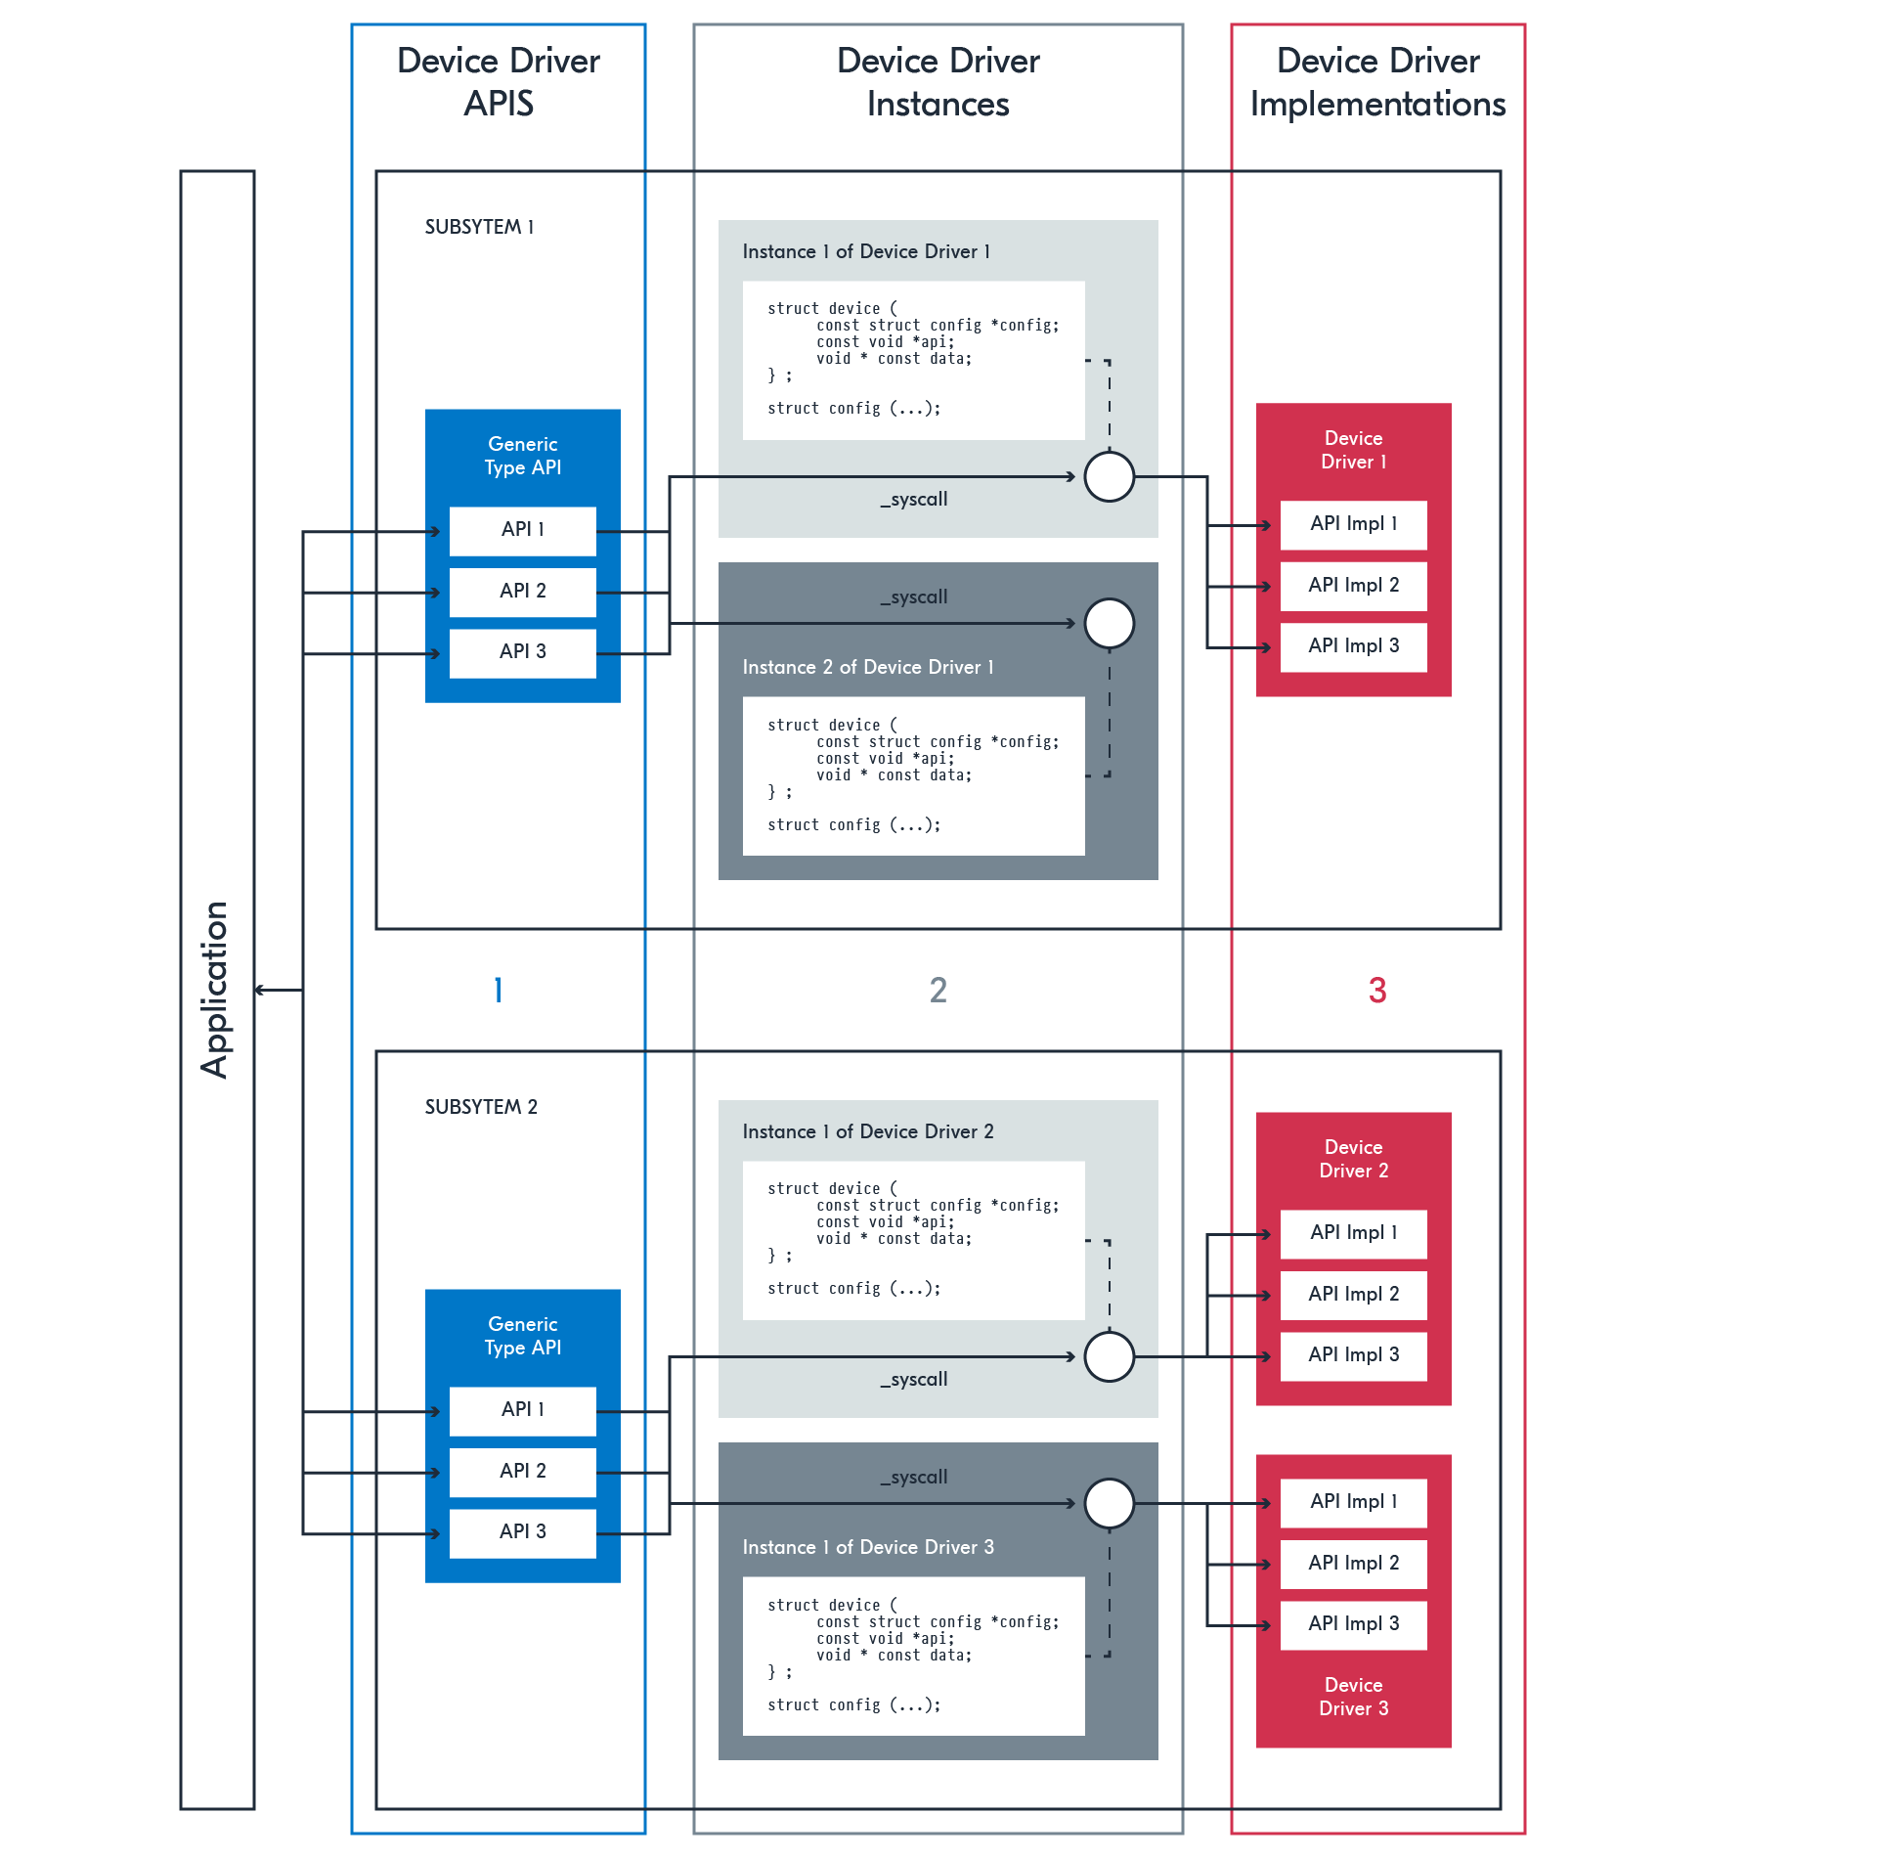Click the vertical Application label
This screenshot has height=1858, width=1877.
coord(215,990)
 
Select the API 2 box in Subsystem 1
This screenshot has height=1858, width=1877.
coord(522,592)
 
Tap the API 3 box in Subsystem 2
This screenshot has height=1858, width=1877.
coord(522,1532)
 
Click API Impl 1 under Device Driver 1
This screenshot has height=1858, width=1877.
coord(1353,525)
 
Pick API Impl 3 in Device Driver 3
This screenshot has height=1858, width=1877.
coord(1353,1624)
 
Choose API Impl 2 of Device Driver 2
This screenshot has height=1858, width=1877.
coord(1353,1295)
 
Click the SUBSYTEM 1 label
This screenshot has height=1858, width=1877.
coord(479,227)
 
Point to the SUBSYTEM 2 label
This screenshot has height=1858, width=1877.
coord(481,1107)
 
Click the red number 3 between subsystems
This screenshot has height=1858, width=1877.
coord(1377,991)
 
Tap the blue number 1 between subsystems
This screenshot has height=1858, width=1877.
coord(499,991)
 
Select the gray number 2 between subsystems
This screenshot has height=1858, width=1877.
coord(938,991)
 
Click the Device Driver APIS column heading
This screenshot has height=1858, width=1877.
coord(499,82)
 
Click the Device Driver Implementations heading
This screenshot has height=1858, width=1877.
coord(1377,82)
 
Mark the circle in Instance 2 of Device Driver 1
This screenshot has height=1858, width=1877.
coord(1110,624)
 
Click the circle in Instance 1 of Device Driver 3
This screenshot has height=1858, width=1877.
coord(1110,1503)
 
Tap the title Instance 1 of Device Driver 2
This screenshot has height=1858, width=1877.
coord(867,1131)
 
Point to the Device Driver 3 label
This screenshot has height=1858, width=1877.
coord(1353,1697)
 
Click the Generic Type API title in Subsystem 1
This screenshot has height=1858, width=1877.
coord(522,456)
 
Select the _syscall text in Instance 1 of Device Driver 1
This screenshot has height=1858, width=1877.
coord(914,500)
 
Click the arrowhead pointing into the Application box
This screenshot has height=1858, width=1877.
coord(260,991)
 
